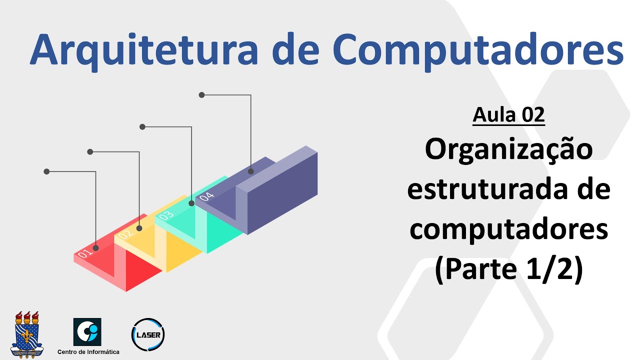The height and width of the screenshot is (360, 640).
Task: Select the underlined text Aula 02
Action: tap(508, 115)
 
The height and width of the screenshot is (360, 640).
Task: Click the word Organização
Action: tap(508, 149)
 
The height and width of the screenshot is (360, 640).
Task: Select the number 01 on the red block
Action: tap(85, 253)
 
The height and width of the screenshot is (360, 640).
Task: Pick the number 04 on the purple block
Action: tap(206, 195)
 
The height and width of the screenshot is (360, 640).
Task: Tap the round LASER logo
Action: tap(147, 334)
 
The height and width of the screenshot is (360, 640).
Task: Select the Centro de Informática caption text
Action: tap(88, 352)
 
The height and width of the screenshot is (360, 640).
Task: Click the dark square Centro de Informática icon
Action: tap(87, 331)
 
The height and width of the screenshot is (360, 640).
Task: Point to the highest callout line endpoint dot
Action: tap(202, 94)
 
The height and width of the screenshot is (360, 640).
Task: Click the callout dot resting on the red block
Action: tap(95, 247)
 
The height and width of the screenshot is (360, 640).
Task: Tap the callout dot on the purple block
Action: tap(250, 171)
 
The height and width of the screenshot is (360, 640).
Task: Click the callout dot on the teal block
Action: tap(191, 203)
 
